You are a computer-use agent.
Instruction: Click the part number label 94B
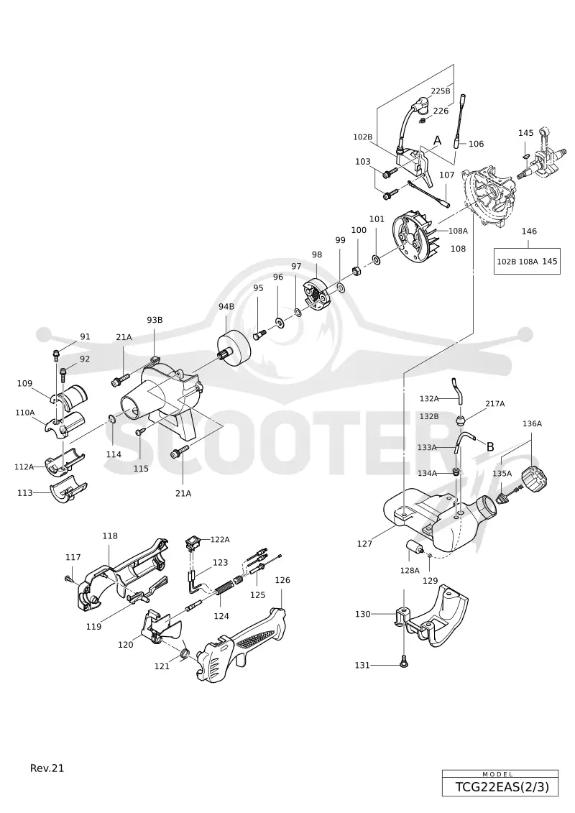pyautogui.click(x=226, y=306)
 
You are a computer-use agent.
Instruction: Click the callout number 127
pyautogui.click(x=364, y=544)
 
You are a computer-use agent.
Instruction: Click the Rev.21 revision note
pyautogui.click(x=47, y=768)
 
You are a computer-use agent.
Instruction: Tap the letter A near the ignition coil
pyautogui.click(x=437, y=140)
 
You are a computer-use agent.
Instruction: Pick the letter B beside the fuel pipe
pyautogui.click(x=489, y=446)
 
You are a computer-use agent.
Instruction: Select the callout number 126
pyautogui.click(x=282, y=580)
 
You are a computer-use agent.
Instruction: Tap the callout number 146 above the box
pyautogui.click(x=529, y=231)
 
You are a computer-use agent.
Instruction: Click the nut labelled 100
pyautogui.click(x=356, y=271)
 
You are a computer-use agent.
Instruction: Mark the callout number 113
pyautogui.click(x=25, y=493)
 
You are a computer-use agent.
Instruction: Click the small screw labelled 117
pyautogui.click(x=68, y=579)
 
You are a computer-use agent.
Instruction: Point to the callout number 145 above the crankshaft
pyautogui.click(x=525, y=133)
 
